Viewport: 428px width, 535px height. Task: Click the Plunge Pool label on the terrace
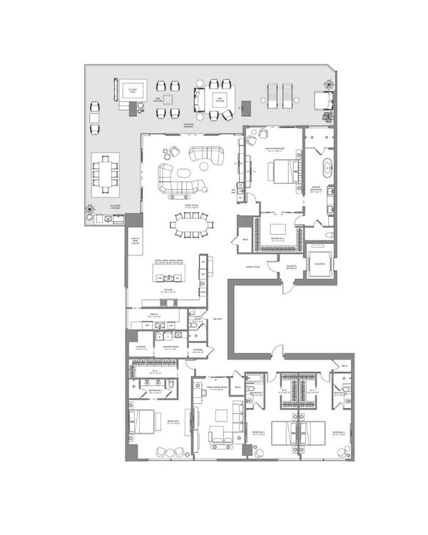tap(133, 90)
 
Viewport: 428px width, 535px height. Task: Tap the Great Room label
tap(189, 205)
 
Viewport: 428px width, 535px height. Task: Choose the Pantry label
tap(154, 315)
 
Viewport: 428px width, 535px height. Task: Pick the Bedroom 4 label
tap(338, 432)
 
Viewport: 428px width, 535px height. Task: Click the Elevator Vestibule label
tap(290, 266)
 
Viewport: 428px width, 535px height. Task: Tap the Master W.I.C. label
tap(277, 240)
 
